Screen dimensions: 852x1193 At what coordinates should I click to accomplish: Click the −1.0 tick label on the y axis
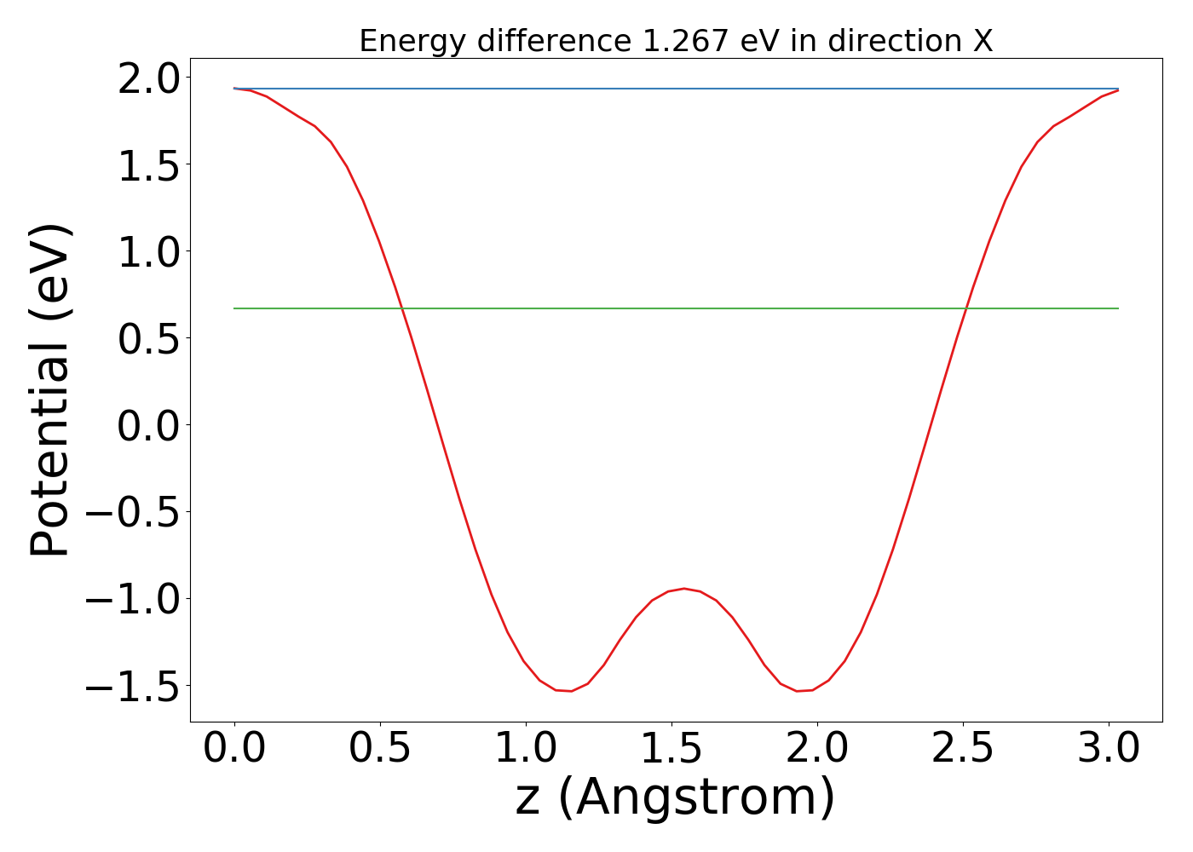(133, 599)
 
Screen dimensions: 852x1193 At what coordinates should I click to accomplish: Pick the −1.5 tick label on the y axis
(133, 686)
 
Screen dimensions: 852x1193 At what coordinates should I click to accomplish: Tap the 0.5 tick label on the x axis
(380, 748)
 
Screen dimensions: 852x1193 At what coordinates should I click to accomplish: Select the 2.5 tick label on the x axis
(963, 748)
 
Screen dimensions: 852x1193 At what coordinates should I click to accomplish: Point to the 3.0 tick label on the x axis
(1109, 748)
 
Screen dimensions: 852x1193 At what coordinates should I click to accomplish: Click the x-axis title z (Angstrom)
(675, 798)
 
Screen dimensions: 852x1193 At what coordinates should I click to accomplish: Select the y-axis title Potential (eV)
(50, 390)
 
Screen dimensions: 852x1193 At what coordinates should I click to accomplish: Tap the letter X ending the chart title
(983, 41)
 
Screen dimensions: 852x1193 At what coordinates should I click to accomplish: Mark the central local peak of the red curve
(683, 588)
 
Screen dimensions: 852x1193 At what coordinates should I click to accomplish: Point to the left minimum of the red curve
(570, 691)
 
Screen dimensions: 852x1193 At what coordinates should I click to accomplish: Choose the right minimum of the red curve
(798, 691)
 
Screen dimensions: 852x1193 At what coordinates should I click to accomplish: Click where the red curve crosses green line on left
(402, 308)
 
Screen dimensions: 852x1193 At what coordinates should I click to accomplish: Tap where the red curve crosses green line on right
(965, 308)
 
